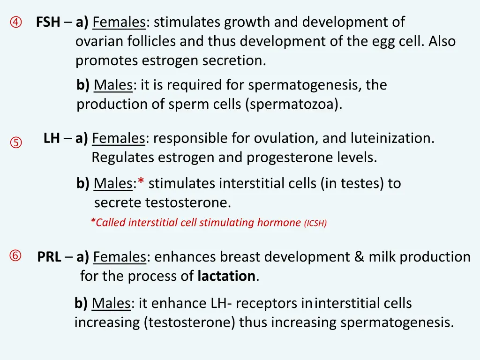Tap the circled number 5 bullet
pyautogui.click(x=16, y=142)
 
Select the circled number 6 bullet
pyautogui.click(x=15, y=256)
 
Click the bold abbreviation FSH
pyautogui.click(x=48, y=22)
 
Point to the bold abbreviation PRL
pyautogui.click(x=49, y=257)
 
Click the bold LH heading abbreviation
pyautogui.click(x=52, y=138)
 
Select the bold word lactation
pyautogui.click(x=226, y=276)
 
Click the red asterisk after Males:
pyautogui.click(x=141, y=183)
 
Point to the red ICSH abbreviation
pyautogui.click(x=315, y=223)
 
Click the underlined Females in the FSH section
pyautogui.click(x=120, y=22)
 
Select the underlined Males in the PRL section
pyautogui.click(x=111, y=304)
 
